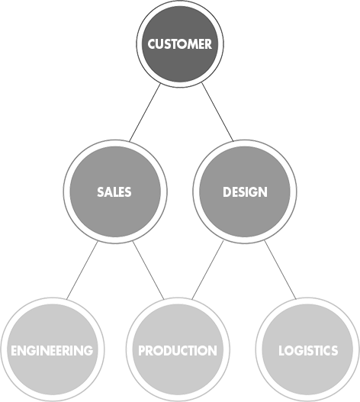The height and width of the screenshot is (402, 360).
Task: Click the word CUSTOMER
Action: (x=180, y=43)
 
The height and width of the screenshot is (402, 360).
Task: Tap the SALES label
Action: (x=114, y=192)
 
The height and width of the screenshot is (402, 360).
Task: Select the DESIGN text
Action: (x=245, y=192)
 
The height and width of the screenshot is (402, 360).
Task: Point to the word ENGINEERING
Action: (x=52, y=350)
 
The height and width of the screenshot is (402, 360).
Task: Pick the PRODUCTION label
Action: (x=178, y=350)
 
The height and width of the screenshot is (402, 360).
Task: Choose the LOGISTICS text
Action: (x=308, y=350)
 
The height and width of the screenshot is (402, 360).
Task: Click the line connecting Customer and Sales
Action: (x=145, y=113)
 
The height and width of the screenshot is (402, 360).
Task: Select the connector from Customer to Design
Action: (x=217, y=112)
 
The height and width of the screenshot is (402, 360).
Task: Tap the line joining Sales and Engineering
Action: (x=82, y=270)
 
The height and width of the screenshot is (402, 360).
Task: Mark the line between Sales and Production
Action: (x=148, y=270)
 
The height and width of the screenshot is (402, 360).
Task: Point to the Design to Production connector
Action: (x=207, y=270)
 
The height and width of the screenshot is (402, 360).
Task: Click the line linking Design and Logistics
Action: (x=280, y=270)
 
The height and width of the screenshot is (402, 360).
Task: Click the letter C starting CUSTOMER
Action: (x=152, y=43)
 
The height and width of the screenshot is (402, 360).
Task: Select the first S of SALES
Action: (x=101, y=192)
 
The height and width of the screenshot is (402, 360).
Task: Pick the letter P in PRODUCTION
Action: (x=142, y=350)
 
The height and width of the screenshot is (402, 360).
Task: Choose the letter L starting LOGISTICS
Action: (x=281, y=350)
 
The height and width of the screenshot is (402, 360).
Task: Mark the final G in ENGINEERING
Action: (x=88, y=350)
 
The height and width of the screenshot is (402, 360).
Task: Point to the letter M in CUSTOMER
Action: (x=193, y=43)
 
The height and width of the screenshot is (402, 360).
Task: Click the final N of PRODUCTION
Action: (x=213, y=350)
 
